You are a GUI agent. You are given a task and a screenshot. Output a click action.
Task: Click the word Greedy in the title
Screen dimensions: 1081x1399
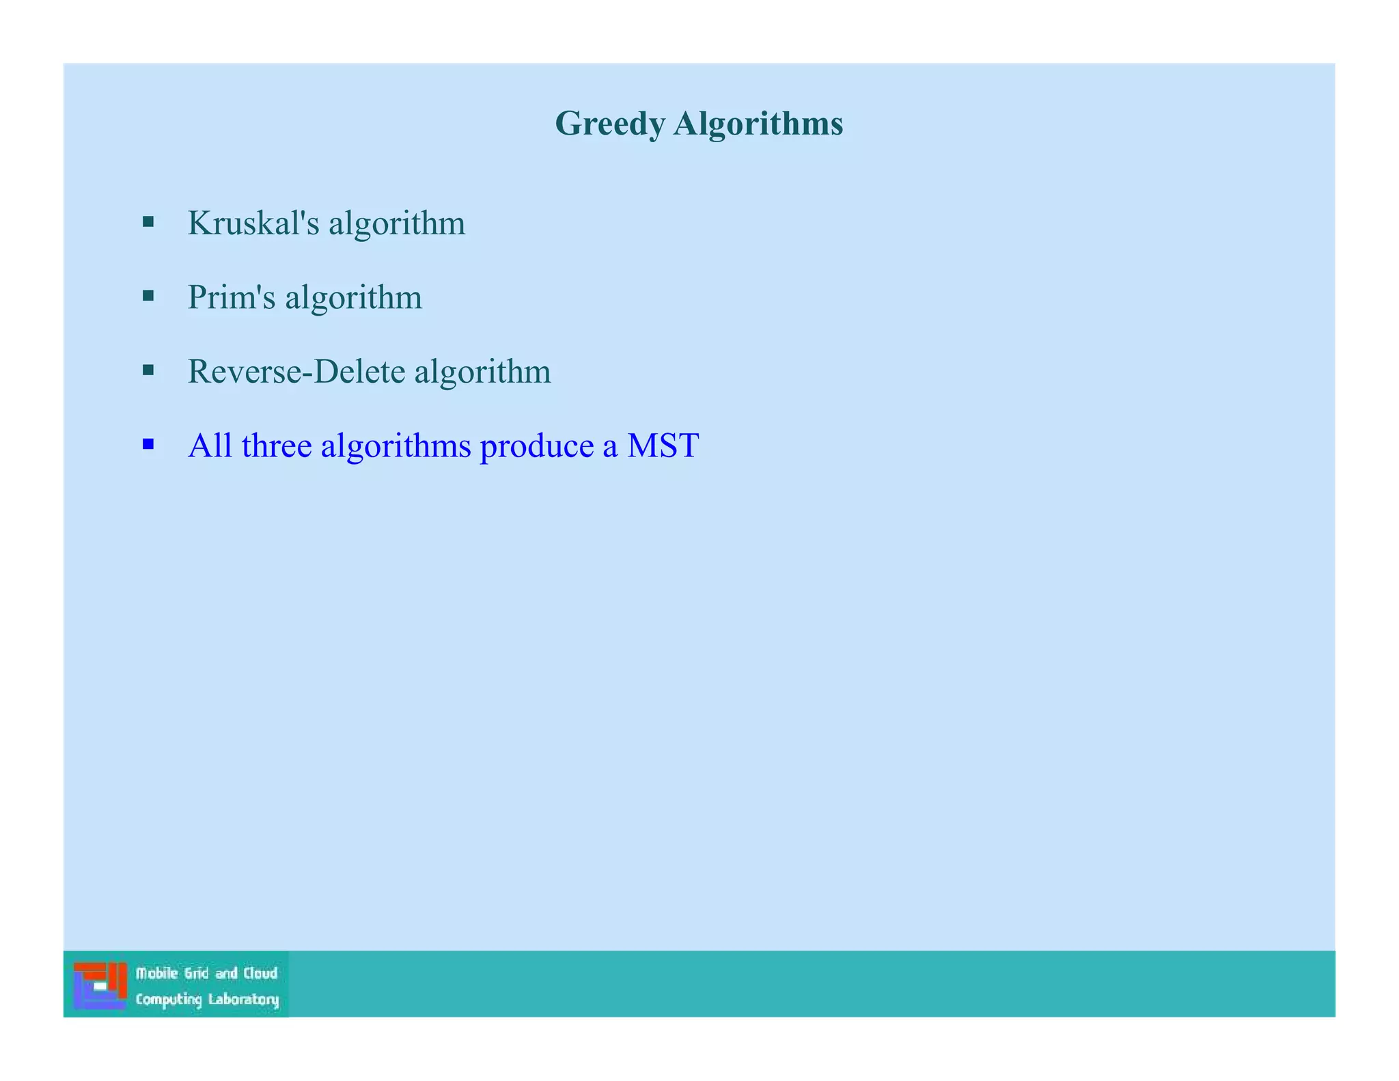click(x=609, y=125)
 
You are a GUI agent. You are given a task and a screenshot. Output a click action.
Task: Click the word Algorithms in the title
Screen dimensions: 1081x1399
click(x=758, y=124)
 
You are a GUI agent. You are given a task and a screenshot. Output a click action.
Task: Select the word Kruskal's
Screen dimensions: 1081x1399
click(x=253, y=223)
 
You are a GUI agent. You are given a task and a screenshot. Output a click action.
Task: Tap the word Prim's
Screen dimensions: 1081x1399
click(x=232, y=297)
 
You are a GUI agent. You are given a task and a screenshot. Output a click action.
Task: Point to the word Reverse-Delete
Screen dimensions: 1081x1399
click(x=296, y=372)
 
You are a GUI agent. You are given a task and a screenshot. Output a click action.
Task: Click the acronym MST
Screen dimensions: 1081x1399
click(x=663, y=446)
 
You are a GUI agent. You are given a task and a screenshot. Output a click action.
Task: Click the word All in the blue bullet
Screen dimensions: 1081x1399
click(x=210, y=446)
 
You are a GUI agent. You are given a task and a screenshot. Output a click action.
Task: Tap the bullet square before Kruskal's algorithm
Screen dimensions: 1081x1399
click(x=148, y=221)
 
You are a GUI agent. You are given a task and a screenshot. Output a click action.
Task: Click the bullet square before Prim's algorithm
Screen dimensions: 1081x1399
click(x=148, y=296)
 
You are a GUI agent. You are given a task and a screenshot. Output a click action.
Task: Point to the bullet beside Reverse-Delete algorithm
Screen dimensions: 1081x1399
click(x=148, y=370)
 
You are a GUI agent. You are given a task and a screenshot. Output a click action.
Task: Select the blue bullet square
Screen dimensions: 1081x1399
click(x=148, y=445)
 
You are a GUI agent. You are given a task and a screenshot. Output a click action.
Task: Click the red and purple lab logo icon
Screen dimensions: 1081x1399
click(x=100, y=985)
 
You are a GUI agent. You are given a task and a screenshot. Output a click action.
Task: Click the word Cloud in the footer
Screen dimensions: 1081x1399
click(x=260, y=973)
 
